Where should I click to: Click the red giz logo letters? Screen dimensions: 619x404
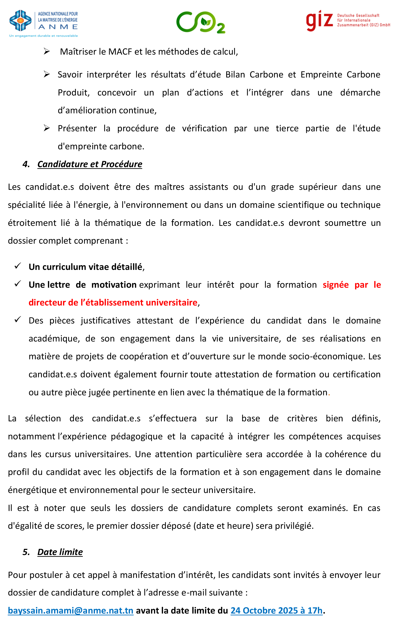point(319,20)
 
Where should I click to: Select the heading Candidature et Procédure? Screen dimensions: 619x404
point(90,164)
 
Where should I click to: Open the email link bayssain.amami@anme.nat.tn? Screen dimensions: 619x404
point(70,610)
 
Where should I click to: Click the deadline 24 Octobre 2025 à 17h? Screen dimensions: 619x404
point(276,610)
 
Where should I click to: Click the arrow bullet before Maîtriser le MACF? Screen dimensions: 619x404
point(47,51)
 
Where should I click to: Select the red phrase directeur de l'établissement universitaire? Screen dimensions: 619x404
point(113,303)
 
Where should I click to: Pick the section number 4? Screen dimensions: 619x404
point(26,164)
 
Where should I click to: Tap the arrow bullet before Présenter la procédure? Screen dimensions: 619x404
point(47,128)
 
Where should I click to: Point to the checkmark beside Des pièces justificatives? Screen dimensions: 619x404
point(18,319)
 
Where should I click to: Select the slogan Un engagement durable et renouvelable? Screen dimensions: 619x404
point(43,36)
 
